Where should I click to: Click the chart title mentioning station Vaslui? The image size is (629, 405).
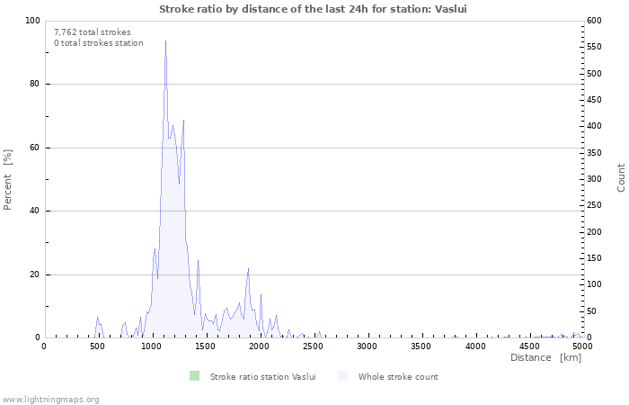[314, 9]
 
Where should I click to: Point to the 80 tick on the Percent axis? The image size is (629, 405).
[33, 85]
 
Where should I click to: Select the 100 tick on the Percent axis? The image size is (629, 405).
[31, 21]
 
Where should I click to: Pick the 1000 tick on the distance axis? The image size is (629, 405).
[151, 346]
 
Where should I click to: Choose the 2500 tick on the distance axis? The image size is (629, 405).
[313, 346]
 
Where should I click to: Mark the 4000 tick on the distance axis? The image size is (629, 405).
[474, 346]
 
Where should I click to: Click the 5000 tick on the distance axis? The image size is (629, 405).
[582, 346]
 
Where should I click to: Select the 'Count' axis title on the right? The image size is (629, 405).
[621, 177]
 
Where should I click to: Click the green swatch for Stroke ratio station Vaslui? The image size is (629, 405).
[195, 376]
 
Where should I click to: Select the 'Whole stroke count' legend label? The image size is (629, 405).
[398, 376]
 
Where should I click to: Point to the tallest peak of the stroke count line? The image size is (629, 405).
[165, 40]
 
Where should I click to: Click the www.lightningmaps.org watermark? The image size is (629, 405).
[50, 399]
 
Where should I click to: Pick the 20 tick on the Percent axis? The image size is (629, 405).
[33, 274]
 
